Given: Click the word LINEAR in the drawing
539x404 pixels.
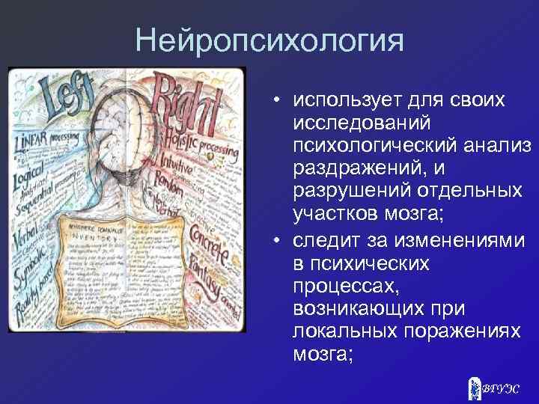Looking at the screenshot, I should coord(33,142).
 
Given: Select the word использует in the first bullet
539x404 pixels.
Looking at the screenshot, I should coord(336,100).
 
